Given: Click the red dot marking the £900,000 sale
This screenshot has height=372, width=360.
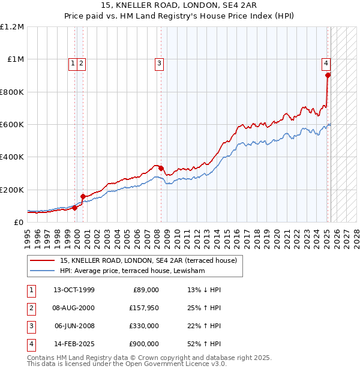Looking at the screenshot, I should (328, 76).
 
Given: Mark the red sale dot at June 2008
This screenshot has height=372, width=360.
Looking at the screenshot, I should (161, 169).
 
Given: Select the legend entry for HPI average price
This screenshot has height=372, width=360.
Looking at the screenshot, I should (132, 271).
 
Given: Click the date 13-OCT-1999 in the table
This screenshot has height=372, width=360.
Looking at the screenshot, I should (74, 290).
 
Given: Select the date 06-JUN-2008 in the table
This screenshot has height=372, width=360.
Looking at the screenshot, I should (74, 326).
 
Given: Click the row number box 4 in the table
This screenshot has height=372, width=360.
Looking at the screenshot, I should (30, 344).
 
